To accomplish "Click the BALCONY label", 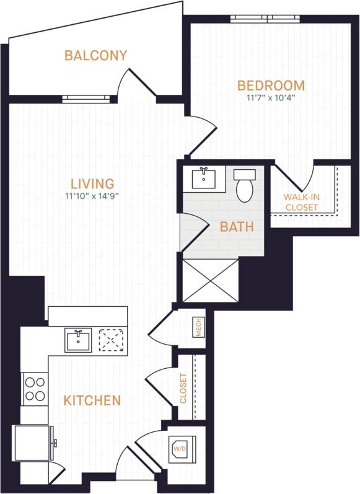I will [96, 56].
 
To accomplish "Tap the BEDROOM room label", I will [271, 86].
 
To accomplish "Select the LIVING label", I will [92, 183].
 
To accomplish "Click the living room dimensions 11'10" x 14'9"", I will [92, 196].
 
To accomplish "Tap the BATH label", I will [237, 227].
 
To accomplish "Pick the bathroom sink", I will [204, 179].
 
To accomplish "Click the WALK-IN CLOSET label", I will [301, 202].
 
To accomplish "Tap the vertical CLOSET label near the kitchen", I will [183, 388].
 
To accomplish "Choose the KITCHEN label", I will [92, 400].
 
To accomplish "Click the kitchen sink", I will [79, 340].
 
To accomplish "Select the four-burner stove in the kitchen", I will [35, 389].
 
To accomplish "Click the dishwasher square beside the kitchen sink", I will [112, 340].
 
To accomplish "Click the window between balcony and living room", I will [86, 98].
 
